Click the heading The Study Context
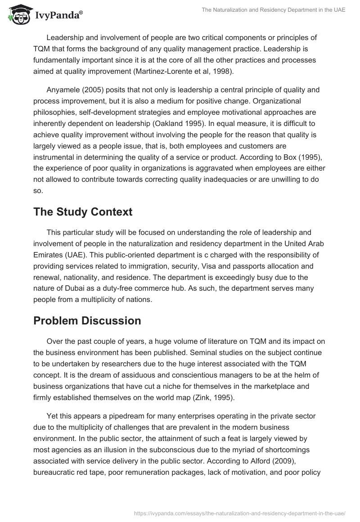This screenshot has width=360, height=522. coord(83,212)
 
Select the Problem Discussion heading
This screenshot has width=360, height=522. coord(87,320)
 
